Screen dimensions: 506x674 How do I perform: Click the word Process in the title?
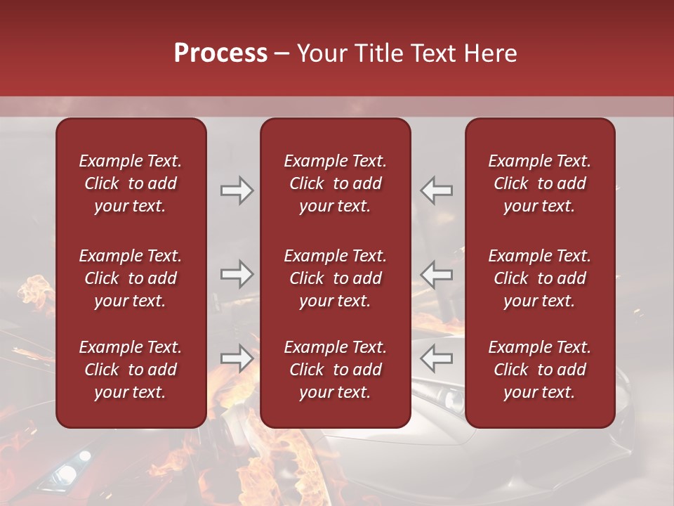[x=220, y=53]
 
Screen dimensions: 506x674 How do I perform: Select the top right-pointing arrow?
[x=237, y=190]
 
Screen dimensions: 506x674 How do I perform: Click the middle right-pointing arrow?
[x=237, y=274]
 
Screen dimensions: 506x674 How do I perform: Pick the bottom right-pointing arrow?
[x=237, y=358]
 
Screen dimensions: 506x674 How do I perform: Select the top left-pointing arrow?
[x=436, y=190]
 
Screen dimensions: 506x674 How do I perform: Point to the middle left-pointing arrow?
[x=436, y=274]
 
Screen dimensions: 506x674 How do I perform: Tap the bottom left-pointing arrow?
[x=436, y=358]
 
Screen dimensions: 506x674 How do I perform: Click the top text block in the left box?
[x=131, y=183]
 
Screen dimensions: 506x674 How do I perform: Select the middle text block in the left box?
[x=131, y=278]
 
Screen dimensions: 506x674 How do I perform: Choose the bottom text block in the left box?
[x=131, y=370]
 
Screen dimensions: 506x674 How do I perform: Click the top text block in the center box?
[x=335, y=183]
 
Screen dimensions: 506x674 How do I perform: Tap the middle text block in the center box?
[x=335, y=278]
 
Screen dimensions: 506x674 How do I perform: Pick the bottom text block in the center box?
[x=335, y=370]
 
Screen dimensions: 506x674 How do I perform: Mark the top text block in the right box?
[x=539, y=183]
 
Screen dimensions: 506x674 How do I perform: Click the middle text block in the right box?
[x=539, y=278]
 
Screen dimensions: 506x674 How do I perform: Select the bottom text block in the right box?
[x=539, y=370]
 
